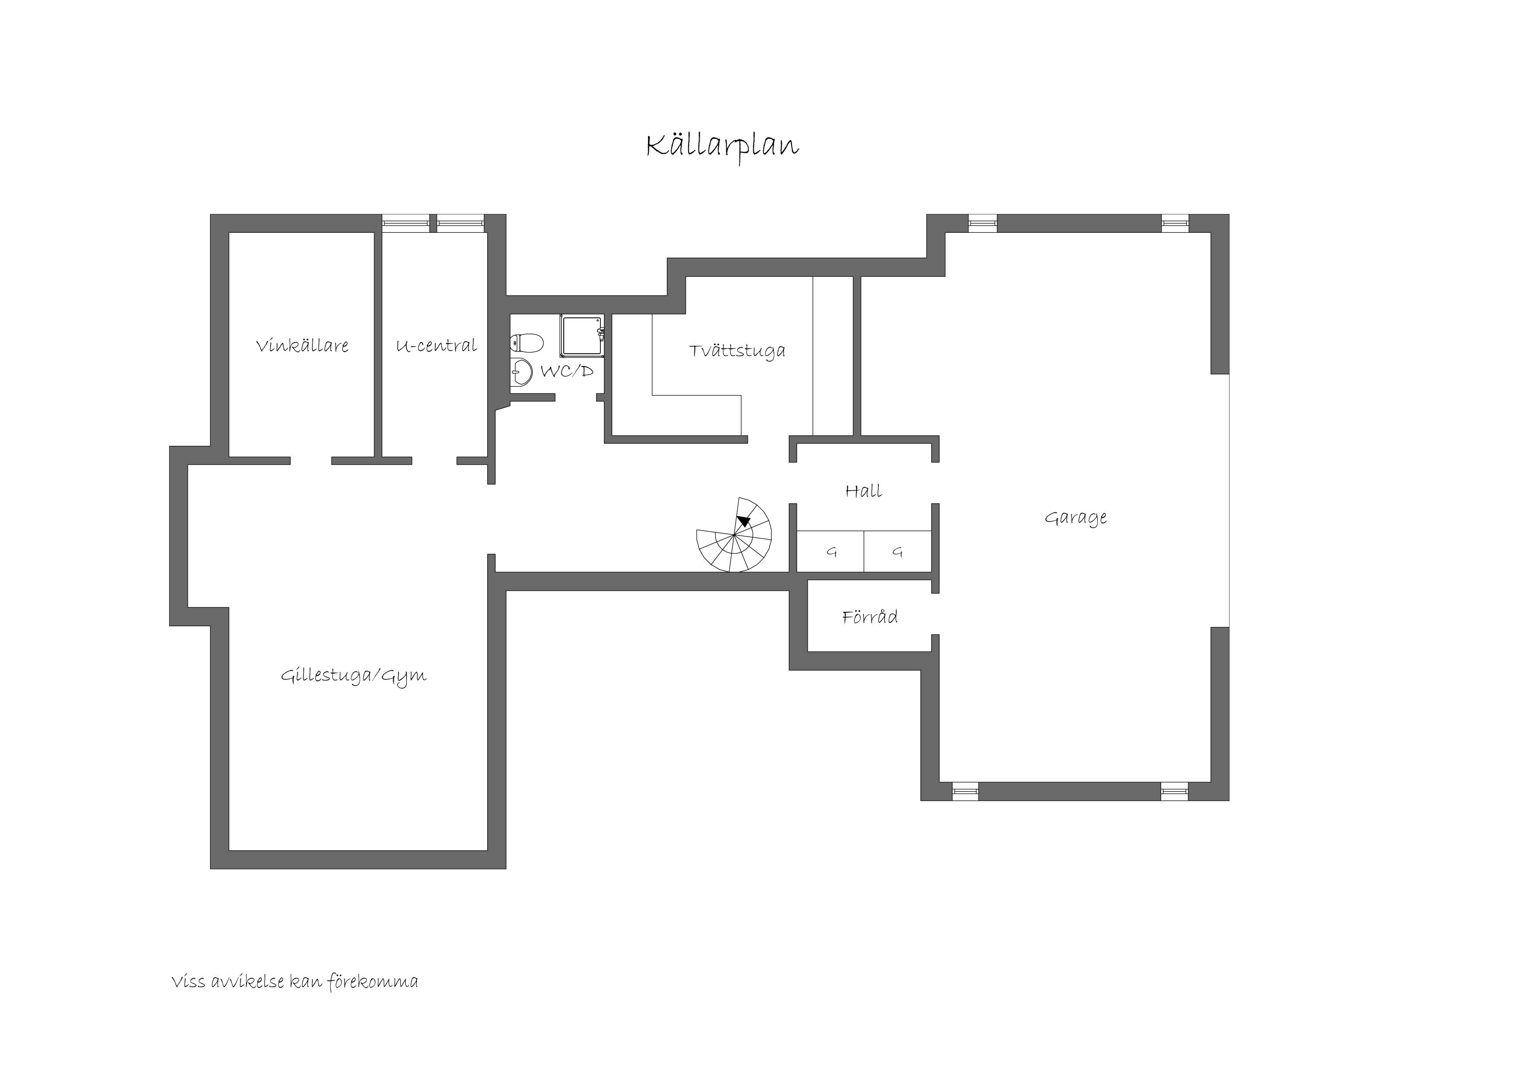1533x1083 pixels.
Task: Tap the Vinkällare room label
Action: pos(302,346)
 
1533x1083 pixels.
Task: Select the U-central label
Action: pos(436,346)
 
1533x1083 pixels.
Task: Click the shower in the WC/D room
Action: pos(582,336)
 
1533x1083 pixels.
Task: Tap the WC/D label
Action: pos(566,372)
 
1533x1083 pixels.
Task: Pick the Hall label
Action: pos(864,492)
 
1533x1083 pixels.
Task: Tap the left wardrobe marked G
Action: pos(831,552)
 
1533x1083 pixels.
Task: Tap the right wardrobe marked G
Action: pos(897,552)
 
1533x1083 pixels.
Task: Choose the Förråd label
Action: pos(869,617)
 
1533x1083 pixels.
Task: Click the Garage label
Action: pos(1075,518)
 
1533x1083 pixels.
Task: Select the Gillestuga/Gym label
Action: pos(353,676)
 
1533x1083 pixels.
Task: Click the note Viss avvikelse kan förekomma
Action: pos(295,982)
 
